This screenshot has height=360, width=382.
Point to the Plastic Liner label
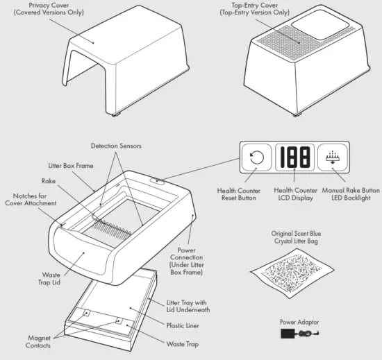click(183, 324)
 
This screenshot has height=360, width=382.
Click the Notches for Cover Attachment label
click(28, 200)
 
